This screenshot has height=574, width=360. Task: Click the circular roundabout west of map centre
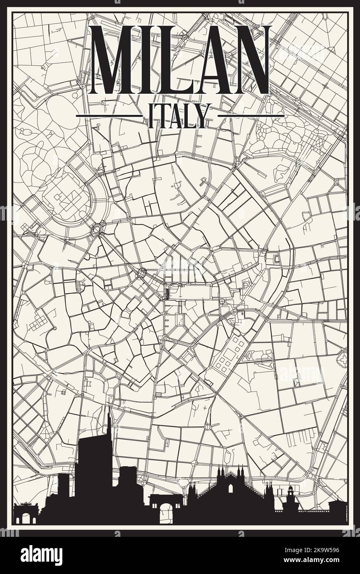coord(99,228)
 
